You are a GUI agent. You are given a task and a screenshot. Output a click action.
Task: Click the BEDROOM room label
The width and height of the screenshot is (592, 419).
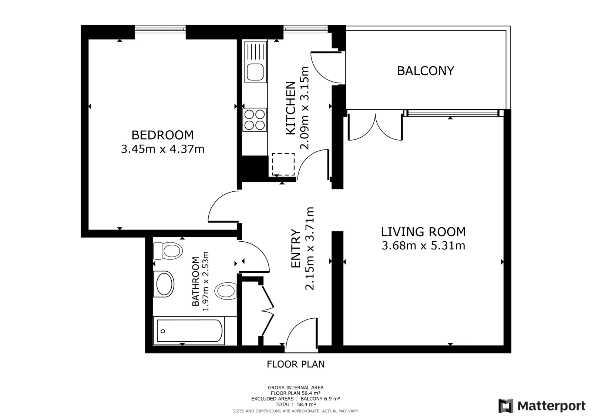click(162, 135)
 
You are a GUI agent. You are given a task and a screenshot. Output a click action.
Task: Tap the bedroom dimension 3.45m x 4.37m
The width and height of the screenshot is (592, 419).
click(162, 149)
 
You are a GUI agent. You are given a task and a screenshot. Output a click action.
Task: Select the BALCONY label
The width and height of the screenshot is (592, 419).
click(425, 71)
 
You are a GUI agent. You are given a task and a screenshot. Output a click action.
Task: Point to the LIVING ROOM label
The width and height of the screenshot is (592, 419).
click(423, 232)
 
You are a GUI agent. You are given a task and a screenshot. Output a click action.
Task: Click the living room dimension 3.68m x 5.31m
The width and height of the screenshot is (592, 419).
click(423, 246)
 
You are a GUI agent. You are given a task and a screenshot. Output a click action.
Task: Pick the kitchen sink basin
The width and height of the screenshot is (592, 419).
click(255, 72)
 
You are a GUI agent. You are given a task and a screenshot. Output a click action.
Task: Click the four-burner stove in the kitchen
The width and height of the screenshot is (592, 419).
click(255, 120)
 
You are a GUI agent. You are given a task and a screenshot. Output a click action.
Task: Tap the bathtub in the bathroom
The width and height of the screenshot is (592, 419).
click(189, 331)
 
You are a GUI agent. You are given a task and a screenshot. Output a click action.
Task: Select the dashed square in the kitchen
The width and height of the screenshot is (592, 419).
click(283, 164)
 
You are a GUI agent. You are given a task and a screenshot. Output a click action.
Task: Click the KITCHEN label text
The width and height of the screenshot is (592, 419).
click(291, 108)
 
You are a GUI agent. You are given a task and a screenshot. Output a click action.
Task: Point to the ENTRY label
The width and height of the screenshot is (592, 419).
click(296, 248)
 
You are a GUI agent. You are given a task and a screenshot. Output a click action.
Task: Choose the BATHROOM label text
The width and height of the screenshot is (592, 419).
click(196, 281)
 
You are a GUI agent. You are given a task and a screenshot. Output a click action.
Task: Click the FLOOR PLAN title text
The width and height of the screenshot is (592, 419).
click(296, 364)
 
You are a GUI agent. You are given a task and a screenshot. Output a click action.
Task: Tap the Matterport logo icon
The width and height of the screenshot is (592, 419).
click(506, 406)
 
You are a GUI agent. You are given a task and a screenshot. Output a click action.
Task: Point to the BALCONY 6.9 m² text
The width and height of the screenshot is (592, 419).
click(320, 399)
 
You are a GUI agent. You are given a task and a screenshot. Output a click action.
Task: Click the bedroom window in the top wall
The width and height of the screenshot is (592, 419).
click(160, 29)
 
